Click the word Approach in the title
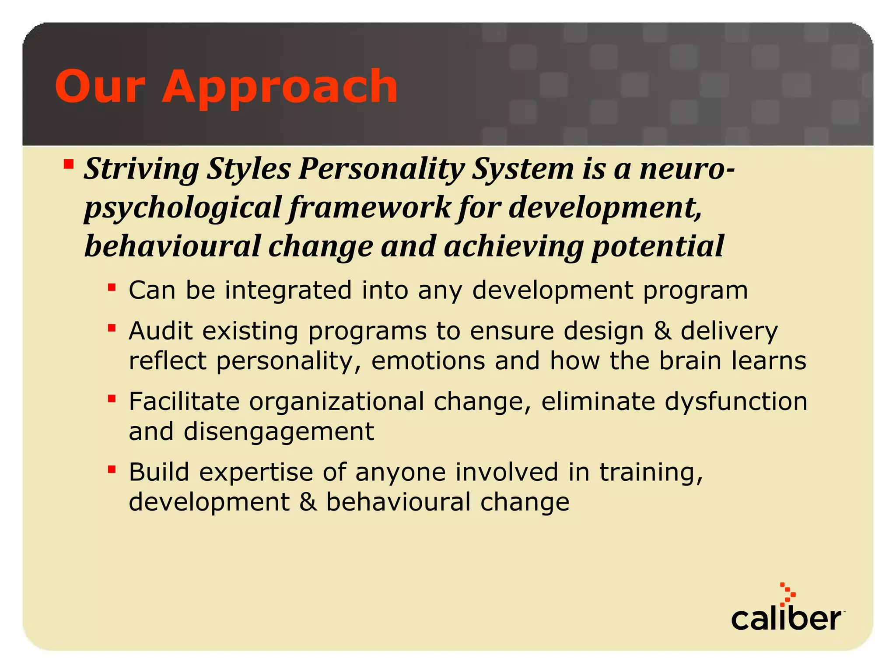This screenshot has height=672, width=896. [280, 87]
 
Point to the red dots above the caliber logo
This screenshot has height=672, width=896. [787, 594]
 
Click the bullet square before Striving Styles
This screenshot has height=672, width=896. [68, 164]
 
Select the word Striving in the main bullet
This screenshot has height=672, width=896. [141, 169]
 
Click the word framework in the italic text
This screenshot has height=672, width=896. [370, 207]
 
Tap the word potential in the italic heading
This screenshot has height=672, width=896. [658, 246]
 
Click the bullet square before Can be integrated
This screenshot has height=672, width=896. [112, 287]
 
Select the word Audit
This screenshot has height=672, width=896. [161, 330]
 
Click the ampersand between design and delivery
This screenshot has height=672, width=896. [662, 330]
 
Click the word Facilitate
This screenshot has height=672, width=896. [184, 401]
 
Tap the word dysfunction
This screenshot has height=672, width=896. [736, 401]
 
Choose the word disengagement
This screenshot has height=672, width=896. [279, 432]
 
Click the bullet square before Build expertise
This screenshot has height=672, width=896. [112, 469]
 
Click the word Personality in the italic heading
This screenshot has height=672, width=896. [381, 169]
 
